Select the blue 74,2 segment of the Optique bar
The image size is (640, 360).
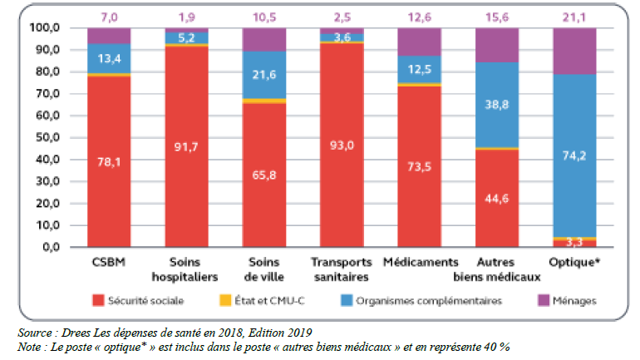574,155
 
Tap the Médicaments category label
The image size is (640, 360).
419,263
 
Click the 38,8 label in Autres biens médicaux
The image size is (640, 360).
496,105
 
